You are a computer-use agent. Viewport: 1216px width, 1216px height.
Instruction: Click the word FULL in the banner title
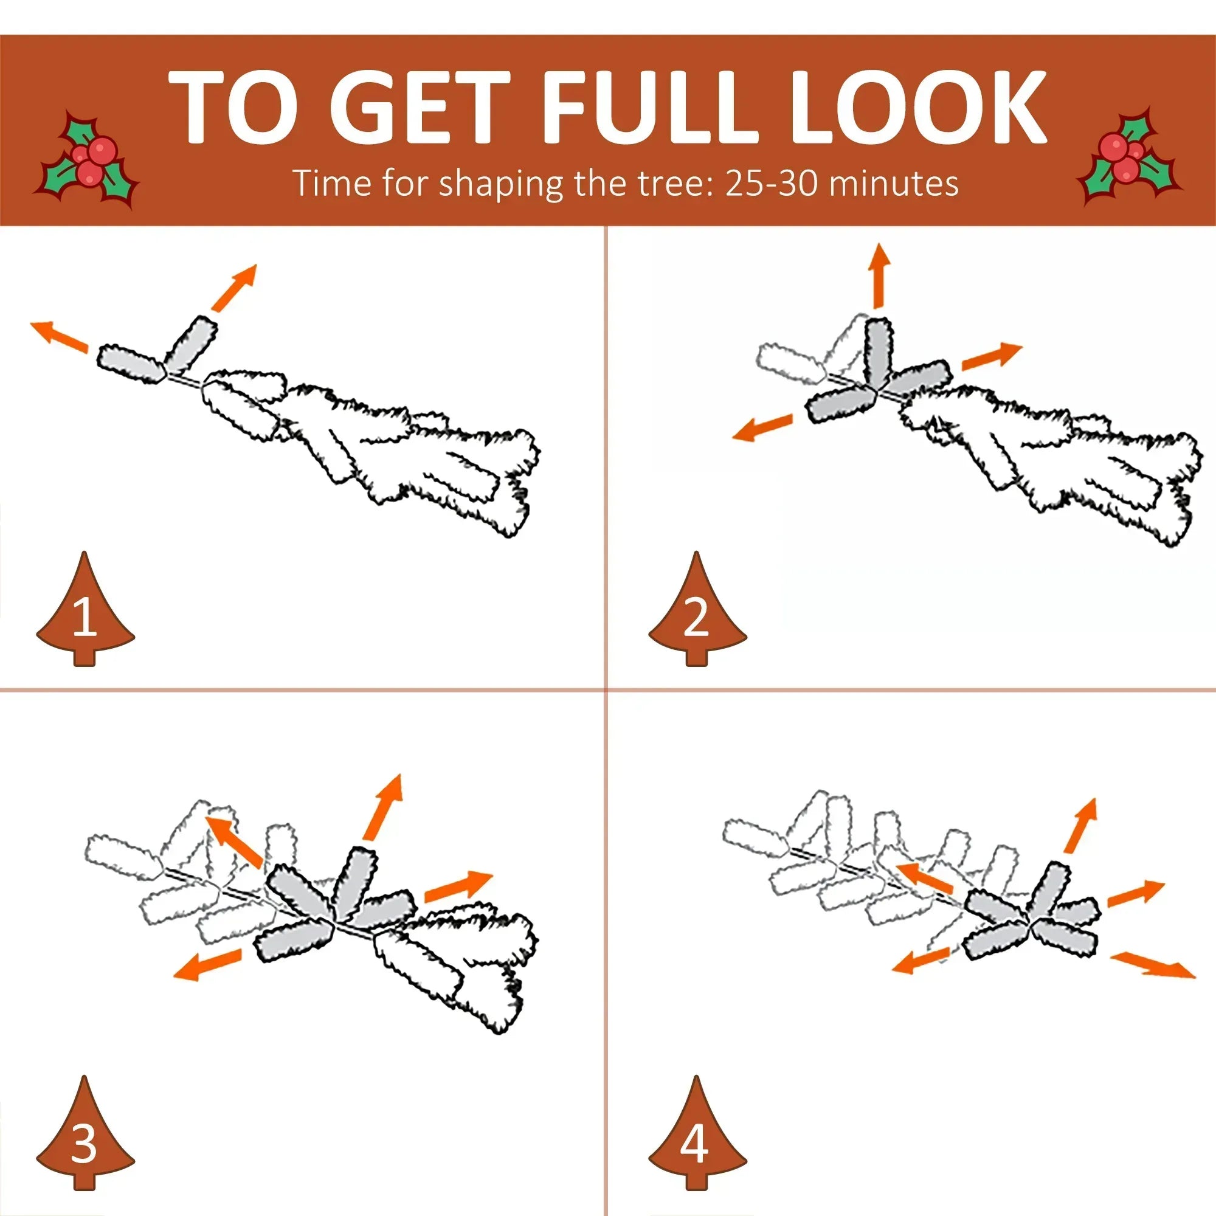[x=650, y=106]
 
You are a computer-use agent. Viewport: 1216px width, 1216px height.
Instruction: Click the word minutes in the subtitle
[x=894, y=183]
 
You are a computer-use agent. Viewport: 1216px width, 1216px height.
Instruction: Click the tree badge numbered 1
[x=85, y=610]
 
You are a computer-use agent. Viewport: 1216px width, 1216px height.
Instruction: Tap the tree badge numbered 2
[x=697, y=610]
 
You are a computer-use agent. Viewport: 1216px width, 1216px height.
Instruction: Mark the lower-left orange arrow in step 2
[x=762, y=427]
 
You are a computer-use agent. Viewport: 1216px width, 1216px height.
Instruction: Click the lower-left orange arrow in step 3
[x=207, y=964]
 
